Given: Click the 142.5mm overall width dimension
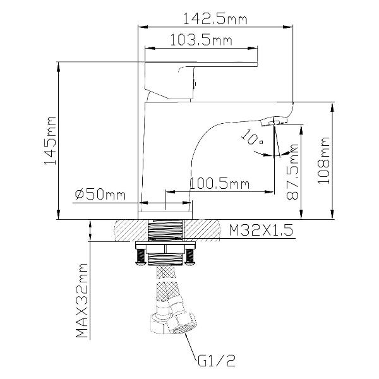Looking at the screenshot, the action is click(215, 19).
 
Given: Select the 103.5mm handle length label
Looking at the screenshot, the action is click(201, 40).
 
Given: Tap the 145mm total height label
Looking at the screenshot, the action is click(51, 140).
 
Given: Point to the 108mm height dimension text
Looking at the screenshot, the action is click(323, 160).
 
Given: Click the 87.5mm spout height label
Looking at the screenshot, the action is click(292, 171).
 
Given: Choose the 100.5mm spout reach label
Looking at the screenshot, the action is click(219, 184).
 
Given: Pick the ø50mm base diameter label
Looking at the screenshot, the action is click(100, 195).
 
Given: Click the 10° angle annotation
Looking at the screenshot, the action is click(251, 137).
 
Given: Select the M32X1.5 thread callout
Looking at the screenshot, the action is click(261, 230).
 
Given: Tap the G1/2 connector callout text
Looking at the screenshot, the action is click(216, 361).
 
